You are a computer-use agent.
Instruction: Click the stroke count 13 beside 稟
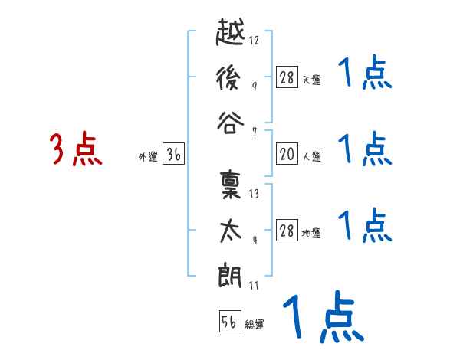(x=255, y=193)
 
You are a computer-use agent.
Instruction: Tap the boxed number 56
(x=229, y=322)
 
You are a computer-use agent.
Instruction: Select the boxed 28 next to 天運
(x=287, y=77)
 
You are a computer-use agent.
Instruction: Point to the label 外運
(x=148, y=157)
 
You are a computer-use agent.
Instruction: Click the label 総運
(x=255, y=324)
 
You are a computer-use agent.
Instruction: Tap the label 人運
(x=312, y=157)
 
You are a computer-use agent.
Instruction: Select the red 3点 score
(x=76, y=150)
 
